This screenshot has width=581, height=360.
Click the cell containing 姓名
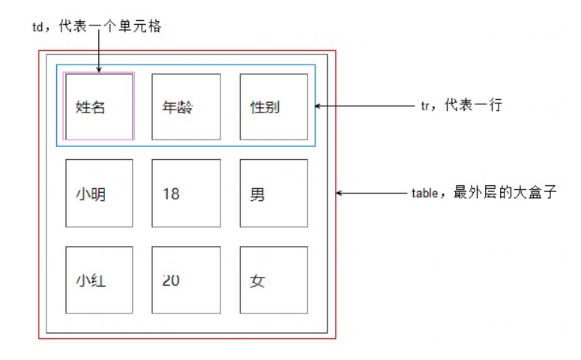point(99,106)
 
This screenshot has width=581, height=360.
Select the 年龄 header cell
point(186,106)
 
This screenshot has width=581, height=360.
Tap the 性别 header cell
point(274,106)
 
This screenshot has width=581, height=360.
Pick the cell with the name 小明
point(99,193)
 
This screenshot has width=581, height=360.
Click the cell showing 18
point(186,193)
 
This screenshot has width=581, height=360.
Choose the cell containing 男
point(274,193)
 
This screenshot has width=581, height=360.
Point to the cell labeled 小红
point(99,280)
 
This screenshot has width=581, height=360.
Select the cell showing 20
point(186,280)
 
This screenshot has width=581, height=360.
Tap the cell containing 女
point(274,280)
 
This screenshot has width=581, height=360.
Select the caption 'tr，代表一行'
point(460,106)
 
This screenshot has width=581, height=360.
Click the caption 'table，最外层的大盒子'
point(484,193)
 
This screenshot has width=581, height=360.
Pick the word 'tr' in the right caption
point(425,106)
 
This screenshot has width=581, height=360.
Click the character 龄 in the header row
point(185,107)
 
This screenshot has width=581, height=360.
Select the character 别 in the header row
point(273,107)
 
